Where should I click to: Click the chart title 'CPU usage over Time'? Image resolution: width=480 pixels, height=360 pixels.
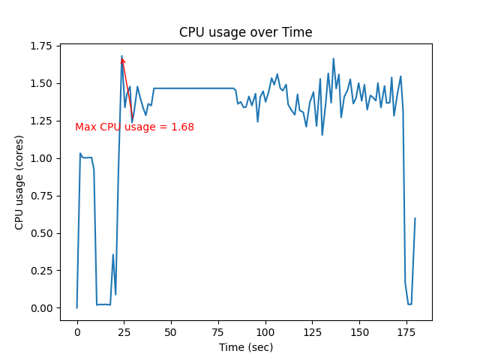point(245,32)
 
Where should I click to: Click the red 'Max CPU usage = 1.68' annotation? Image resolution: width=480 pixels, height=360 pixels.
point(134,127)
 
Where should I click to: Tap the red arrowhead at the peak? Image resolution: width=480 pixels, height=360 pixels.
point(123,60)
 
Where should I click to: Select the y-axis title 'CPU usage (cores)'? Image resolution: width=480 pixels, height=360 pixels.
point(19,182)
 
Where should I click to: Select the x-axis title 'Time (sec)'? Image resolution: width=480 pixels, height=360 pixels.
point(246,347)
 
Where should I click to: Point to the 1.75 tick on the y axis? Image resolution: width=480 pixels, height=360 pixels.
point(42,46)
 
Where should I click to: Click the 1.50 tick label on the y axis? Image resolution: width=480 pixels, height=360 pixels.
point(42,83)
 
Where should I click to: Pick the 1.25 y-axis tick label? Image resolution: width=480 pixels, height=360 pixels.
point(42,121)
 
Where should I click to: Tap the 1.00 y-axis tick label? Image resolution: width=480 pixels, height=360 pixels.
point(42,158)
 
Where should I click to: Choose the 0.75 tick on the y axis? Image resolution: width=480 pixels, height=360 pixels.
point(42,196)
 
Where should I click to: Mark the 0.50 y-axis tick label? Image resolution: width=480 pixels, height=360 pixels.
point(42,233)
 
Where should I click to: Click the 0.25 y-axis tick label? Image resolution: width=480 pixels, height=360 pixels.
point(42,271)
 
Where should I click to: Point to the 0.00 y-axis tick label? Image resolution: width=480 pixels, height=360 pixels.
point(42,308)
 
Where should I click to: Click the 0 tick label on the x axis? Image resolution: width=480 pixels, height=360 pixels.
point(77,331)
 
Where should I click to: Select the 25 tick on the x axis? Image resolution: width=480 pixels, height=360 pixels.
point(124,331)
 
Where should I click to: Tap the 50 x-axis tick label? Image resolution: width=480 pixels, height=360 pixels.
point(171,331)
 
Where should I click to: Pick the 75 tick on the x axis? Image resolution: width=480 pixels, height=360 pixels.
point(218,331)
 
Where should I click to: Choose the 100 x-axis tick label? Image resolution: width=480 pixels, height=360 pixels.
point(265,331)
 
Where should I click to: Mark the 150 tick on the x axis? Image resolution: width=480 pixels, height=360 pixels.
point(359,331)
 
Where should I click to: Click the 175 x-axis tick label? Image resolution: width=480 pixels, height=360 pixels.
point(406,331)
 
